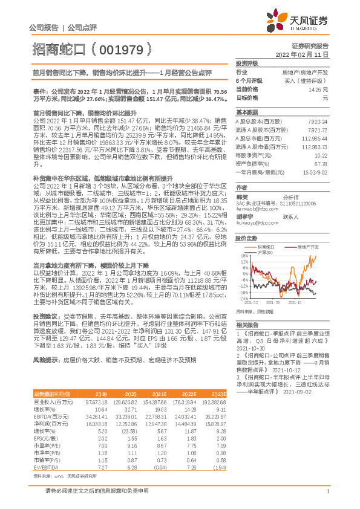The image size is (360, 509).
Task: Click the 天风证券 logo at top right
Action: click(303, 20)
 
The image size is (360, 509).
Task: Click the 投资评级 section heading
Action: click(247, 63)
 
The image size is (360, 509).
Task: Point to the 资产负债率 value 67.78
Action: click(321, 164)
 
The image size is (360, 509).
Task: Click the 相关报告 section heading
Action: click(246, 325)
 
